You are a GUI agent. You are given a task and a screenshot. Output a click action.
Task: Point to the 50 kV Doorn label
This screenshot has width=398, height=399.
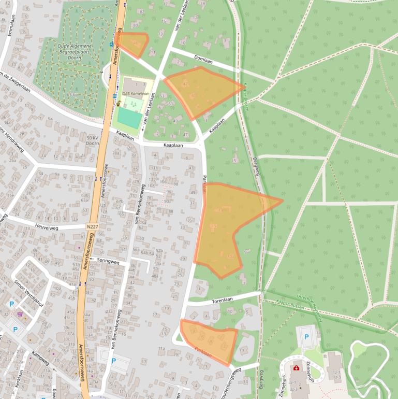pos(93,140)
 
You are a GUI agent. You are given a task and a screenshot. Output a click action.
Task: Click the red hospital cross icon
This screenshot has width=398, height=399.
pos(296,368)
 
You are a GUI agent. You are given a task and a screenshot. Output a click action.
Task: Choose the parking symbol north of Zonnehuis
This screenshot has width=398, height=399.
pos(306,337)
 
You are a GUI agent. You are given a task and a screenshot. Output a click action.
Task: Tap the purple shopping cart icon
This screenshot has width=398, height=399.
pos(20,313)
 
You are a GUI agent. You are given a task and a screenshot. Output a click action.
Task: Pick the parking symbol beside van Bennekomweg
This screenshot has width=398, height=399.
pos(113,361)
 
